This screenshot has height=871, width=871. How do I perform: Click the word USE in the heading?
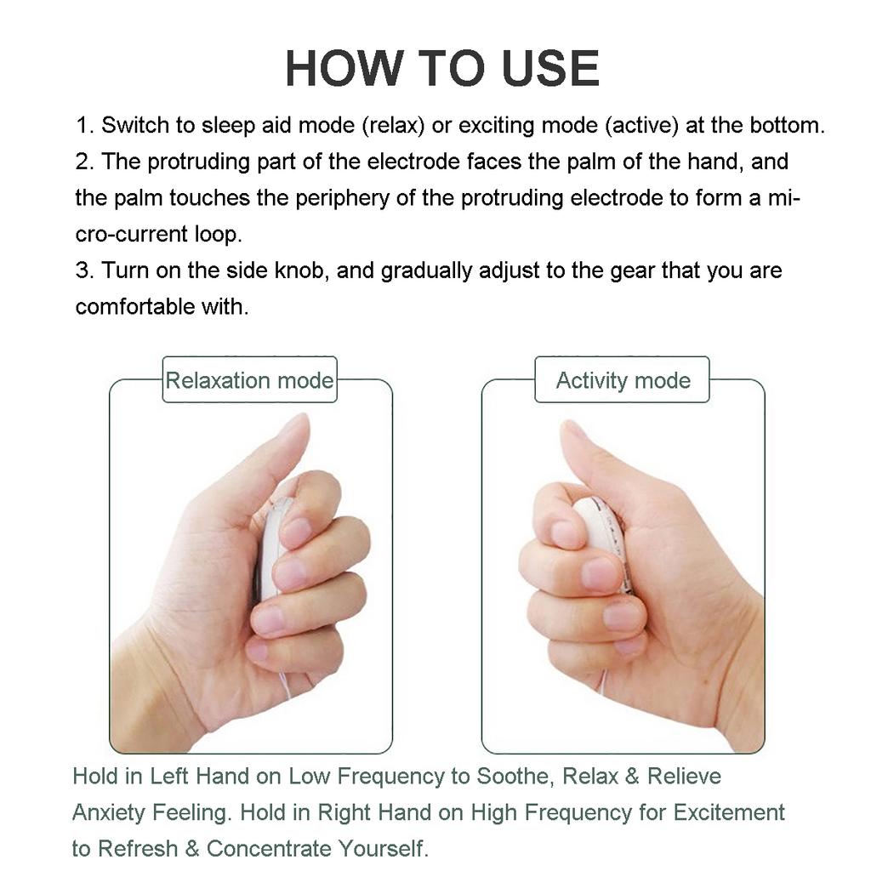[550, 68]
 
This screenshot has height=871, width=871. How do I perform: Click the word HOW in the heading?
[344, 68]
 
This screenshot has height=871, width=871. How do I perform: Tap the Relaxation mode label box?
[249, 380]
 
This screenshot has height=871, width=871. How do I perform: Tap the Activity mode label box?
[622, 380]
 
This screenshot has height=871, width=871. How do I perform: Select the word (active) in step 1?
[641, 126]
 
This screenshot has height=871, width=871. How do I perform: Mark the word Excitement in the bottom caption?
[729, 812]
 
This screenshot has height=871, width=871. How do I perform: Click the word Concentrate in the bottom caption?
[269, 848]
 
